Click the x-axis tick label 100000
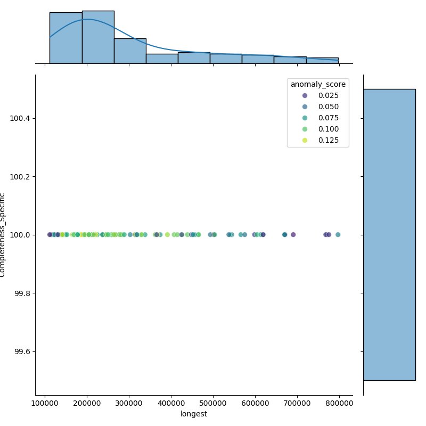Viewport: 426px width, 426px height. tap(45, 403)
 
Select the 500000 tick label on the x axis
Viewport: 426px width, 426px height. tap(213, 403)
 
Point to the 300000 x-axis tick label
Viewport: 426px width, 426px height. tap(129, 403)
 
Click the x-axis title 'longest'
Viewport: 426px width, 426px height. tap(194, 414)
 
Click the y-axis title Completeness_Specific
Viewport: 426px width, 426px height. tap(3, 235)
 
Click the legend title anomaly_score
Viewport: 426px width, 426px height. tap(318, 84)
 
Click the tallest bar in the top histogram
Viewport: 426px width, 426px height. tap(98, 37)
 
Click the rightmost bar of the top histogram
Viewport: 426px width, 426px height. tap(322, 60)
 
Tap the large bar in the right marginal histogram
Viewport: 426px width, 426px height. tap(389, 234)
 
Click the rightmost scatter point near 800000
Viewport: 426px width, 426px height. tap(338, 235)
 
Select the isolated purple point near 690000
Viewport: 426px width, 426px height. tap(293, 235)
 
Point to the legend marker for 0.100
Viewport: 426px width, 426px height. tap(305, 129)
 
